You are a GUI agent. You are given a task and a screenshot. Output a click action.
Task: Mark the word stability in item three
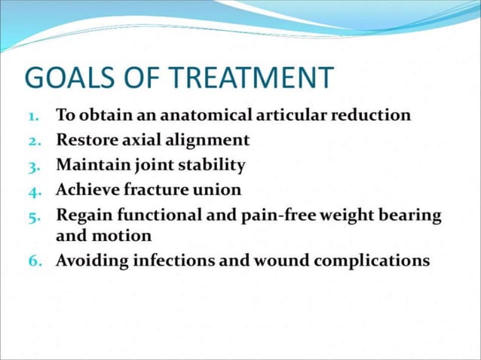point(213,165)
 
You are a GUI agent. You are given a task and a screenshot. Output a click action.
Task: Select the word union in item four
point(217,188)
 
